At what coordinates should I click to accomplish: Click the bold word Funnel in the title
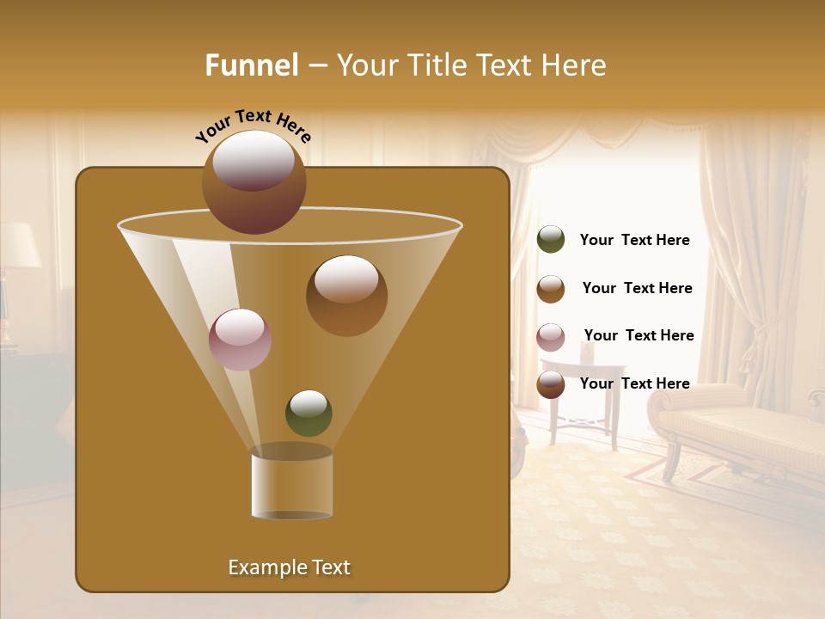pos(251,65)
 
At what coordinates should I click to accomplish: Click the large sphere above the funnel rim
pos(254,181)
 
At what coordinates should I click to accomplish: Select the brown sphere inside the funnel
pos(346,295)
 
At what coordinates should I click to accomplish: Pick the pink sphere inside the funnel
pos(240,339)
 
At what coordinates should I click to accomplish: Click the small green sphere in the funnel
pos(309,413)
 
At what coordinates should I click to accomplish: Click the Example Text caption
pos(289,567)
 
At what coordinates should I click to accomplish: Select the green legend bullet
pos(551,240)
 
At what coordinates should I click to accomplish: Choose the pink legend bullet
pos(551,337)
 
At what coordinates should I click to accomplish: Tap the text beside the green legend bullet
pos(634,240)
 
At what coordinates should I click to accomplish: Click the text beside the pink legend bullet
pos(639,335)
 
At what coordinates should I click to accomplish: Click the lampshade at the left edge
pos(19,245)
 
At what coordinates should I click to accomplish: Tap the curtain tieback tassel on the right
pos(755,344)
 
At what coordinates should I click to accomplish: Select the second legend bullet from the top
pos(551,289)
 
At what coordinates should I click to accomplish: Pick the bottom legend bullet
pos(551,384)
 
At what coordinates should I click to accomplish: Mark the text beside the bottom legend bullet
pos(634,383)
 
